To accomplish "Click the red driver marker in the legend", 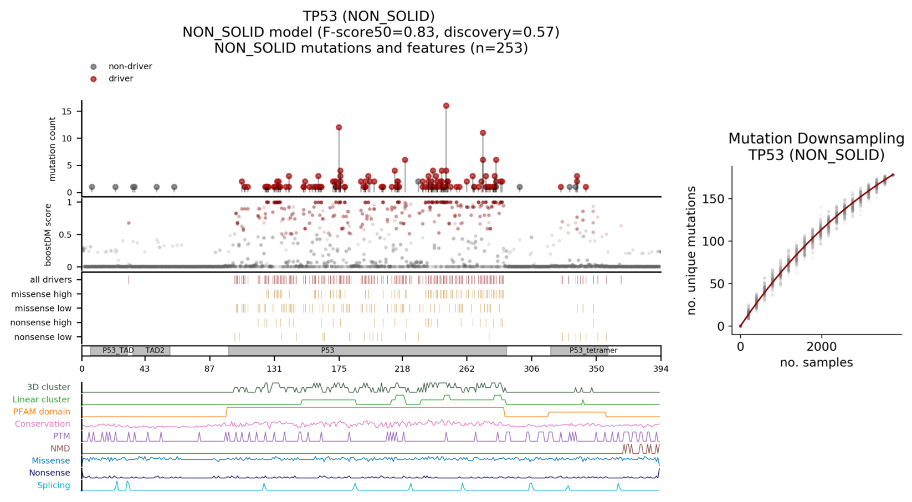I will (x=93, y=79).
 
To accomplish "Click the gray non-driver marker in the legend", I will (x=93, y=67).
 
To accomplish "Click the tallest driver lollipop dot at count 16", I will (x=446, y=106).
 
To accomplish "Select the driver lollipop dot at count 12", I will (x=339, y=127).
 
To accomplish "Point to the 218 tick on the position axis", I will (x=402, y=369).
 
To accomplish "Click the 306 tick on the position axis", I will (x=531, y=369).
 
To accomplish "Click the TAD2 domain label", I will (x=155, y=351).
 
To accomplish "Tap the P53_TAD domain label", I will (x=118, y=351).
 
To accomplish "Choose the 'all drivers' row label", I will (x=51, y=280).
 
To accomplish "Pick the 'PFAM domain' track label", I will (x=42, y=412).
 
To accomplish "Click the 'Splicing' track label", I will (x=54, y=485).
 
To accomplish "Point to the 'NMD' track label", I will (x=60, y=449).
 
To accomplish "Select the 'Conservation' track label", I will (x=43, y=424).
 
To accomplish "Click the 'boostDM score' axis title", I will (x=48, y=234).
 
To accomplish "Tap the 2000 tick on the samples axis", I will (x=821, y=347).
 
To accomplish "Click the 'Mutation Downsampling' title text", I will (x=816, y=139).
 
